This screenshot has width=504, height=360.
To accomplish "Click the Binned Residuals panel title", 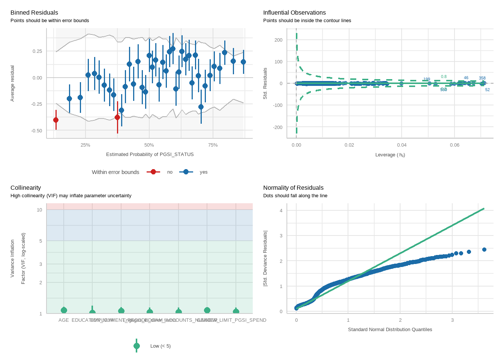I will coord(34,13).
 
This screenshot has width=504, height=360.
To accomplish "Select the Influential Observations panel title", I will coord(294,13).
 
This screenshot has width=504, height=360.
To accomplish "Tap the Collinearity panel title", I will coord(25,188).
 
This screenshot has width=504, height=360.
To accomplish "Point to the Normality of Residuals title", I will coord(293,188).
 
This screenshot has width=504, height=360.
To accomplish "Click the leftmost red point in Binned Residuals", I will coord(56,120).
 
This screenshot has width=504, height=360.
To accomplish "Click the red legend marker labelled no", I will coord(153,172).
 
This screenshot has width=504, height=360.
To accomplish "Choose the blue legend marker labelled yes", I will coord(186,172).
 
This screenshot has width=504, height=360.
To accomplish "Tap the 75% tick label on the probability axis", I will coord(213,145).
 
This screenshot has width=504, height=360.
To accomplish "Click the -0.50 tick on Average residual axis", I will coord(37,131).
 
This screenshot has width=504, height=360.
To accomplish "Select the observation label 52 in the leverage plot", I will coord(487,90).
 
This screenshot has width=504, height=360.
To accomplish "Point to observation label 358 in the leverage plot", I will coord(482,78).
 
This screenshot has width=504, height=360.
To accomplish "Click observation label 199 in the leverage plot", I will coord(427,79).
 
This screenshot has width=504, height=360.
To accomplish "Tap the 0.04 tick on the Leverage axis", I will coord(402,145).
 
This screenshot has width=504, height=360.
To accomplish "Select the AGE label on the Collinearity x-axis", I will coord(64,320).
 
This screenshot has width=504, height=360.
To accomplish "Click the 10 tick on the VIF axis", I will coord(39,210).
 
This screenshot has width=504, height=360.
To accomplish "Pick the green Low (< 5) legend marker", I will coord(136,346).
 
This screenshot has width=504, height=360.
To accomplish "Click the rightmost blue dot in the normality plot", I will coord(484,249).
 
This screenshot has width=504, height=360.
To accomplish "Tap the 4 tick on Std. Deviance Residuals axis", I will coord(281,211).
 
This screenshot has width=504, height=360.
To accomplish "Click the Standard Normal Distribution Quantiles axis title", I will coord(390,330).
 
